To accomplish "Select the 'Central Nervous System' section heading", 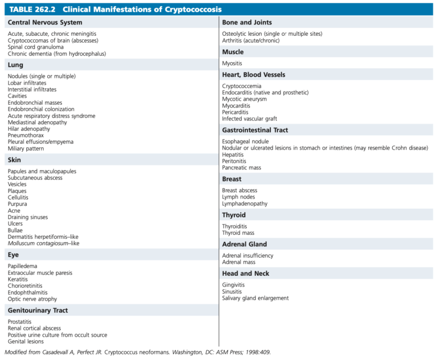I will [x=45, y=23].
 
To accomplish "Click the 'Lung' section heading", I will [x=15, y=65].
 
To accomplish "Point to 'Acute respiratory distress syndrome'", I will [x=52, y=116].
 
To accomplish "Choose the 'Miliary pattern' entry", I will [x=26, y=148].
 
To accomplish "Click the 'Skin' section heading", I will [x=15, y=160].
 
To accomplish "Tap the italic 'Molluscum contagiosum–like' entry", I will [x=43, y=243].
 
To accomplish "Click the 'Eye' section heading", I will [x=14, y=255].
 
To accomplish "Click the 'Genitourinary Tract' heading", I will [x=38, y=311].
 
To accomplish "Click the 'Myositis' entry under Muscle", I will [x=232, y=64].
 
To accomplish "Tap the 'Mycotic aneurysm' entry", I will [x=244, y=99].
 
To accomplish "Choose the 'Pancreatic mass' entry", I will [x=242, y=168].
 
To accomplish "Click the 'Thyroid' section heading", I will [x=234, y=215].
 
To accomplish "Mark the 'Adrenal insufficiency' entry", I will [x=248, y=256].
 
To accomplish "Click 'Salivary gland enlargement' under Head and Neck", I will [x=255, y=298].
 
